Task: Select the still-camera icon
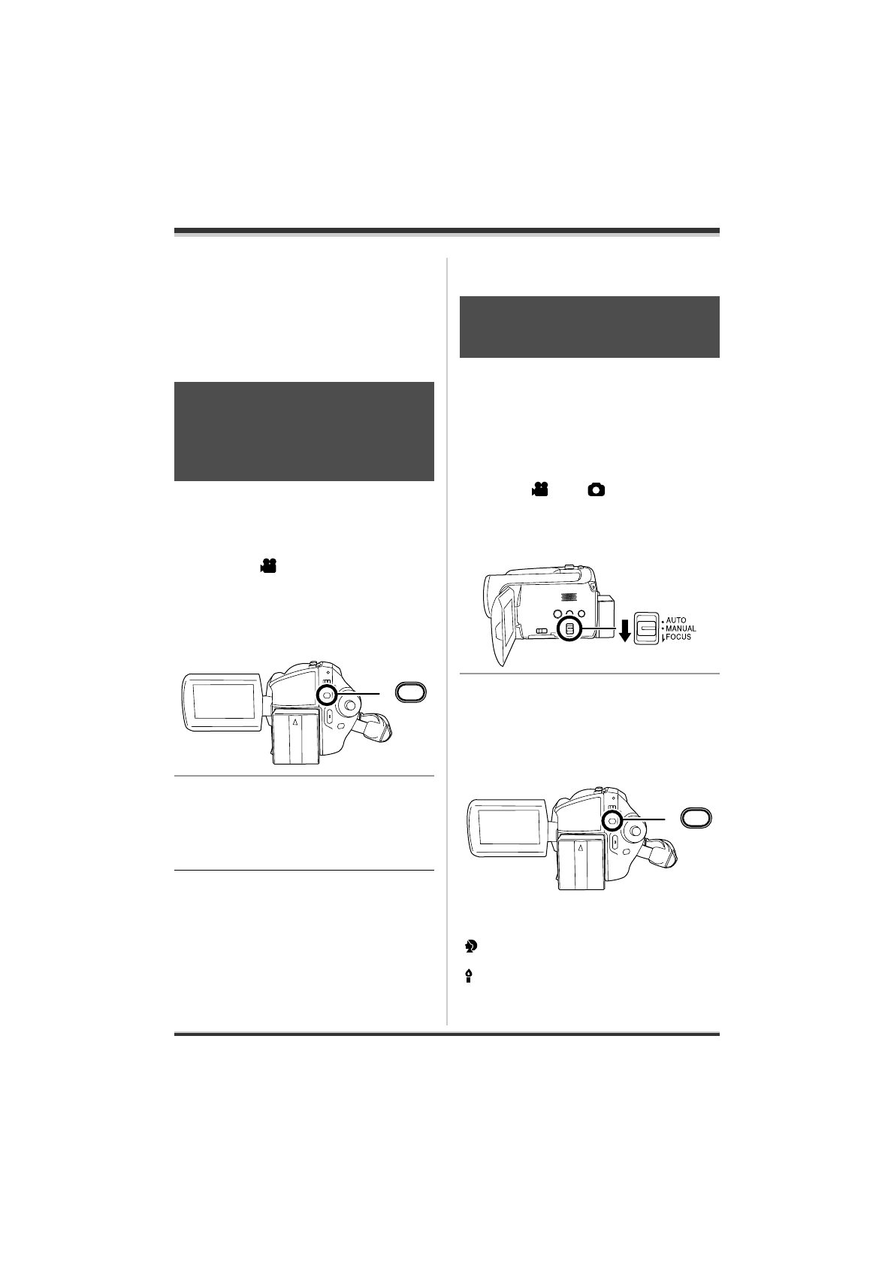tap(596, 490)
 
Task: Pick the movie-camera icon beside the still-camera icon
tap(538, 490)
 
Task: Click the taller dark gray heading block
tap(304, 432)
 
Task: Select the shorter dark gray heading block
tap(589, 327)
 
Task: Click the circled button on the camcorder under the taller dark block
tap(327, 695)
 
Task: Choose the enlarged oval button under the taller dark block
tap(411, 692)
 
